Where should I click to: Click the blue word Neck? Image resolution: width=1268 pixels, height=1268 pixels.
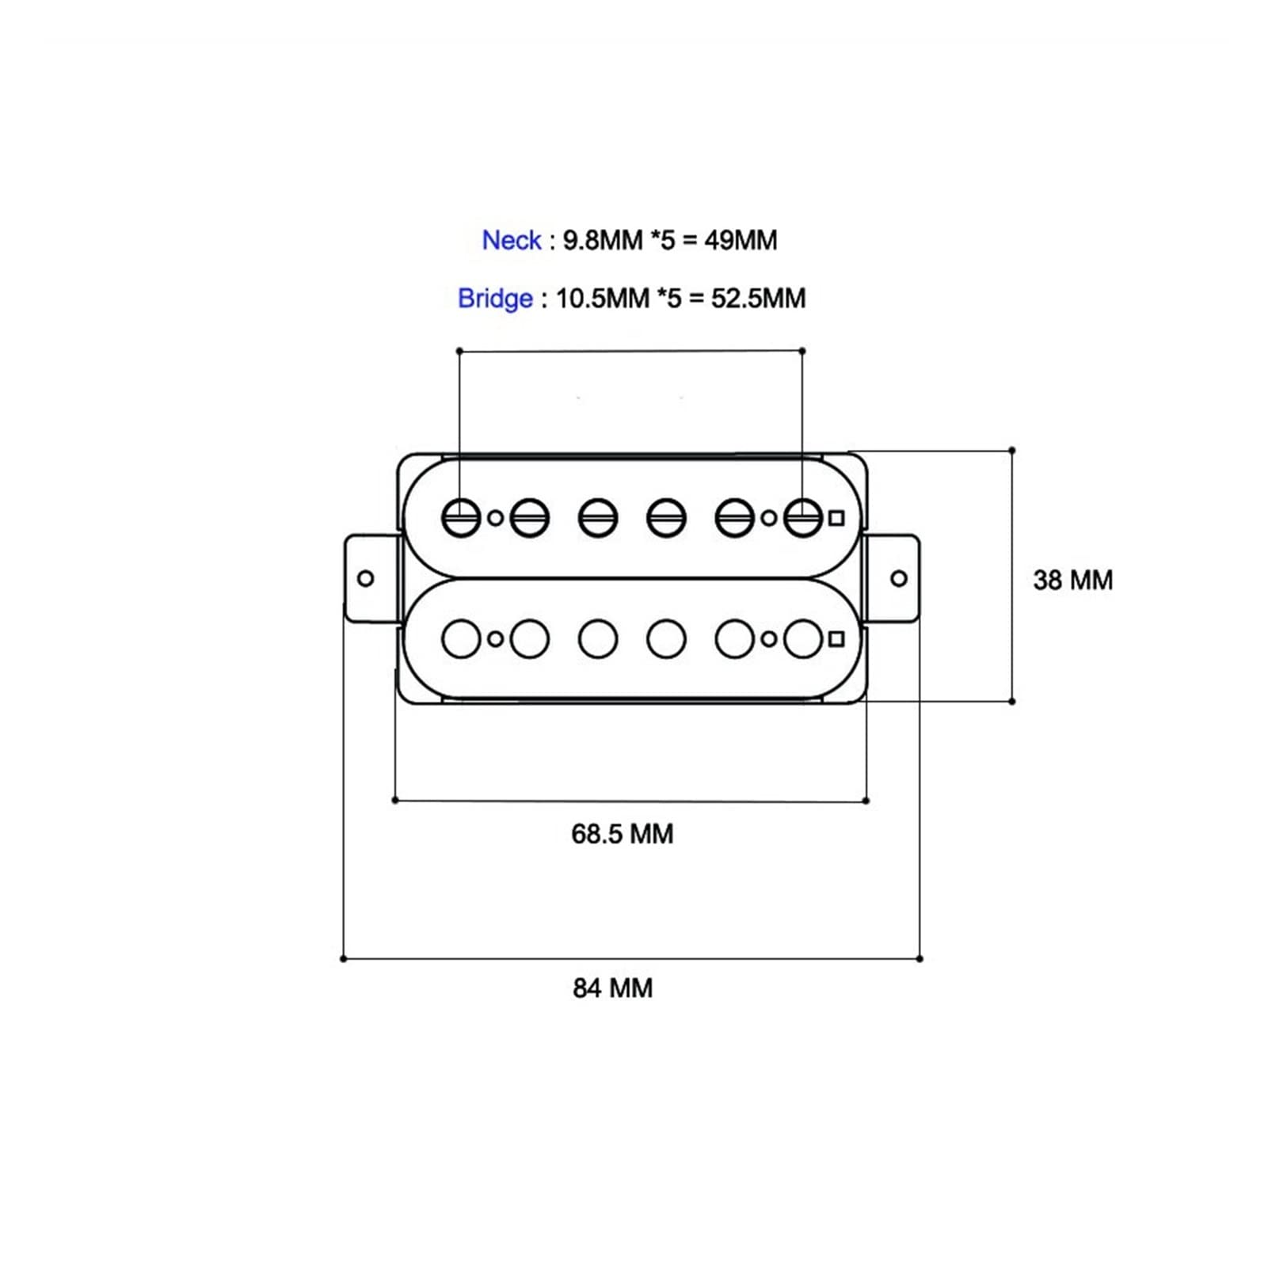click(512, 240)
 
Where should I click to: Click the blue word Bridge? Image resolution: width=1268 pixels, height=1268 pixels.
click(495, 299)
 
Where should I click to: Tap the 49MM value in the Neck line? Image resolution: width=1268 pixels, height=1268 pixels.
click(741, 240)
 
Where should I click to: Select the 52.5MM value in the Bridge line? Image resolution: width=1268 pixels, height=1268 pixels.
click(758, 299)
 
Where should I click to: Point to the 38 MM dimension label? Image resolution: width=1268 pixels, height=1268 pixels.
click(1072, 580)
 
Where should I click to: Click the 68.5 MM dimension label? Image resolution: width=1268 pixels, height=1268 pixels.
click(622, 834)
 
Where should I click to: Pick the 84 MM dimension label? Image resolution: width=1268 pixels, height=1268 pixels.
click(612, 988)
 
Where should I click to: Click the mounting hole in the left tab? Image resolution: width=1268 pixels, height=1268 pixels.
click(366, 578)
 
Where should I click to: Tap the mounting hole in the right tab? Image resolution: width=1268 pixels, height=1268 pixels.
click(899, 578)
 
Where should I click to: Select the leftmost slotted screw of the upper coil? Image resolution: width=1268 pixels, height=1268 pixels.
click(461, 518)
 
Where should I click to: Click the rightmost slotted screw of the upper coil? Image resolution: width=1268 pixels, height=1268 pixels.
click(803, 518)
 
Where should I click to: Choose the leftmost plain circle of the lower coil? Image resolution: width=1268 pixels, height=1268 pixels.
click(461, 639)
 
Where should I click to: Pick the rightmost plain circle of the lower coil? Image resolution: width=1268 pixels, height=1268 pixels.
click(803, 639)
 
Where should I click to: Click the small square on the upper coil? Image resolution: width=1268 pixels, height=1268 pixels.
click(836, 518)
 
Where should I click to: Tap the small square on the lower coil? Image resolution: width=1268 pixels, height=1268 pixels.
click(836, 639)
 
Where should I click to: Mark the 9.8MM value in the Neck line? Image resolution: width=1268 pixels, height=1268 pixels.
click(603, 240)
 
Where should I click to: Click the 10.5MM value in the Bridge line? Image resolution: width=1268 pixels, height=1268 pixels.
click(603, 299)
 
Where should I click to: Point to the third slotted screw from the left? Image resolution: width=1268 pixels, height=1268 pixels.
click(598, 518)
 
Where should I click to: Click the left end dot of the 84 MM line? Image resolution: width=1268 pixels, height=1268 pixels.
click(343, 959)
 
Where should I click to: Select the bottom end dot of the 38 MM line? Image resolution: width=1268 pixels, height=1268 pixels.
click(1012, 701)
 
